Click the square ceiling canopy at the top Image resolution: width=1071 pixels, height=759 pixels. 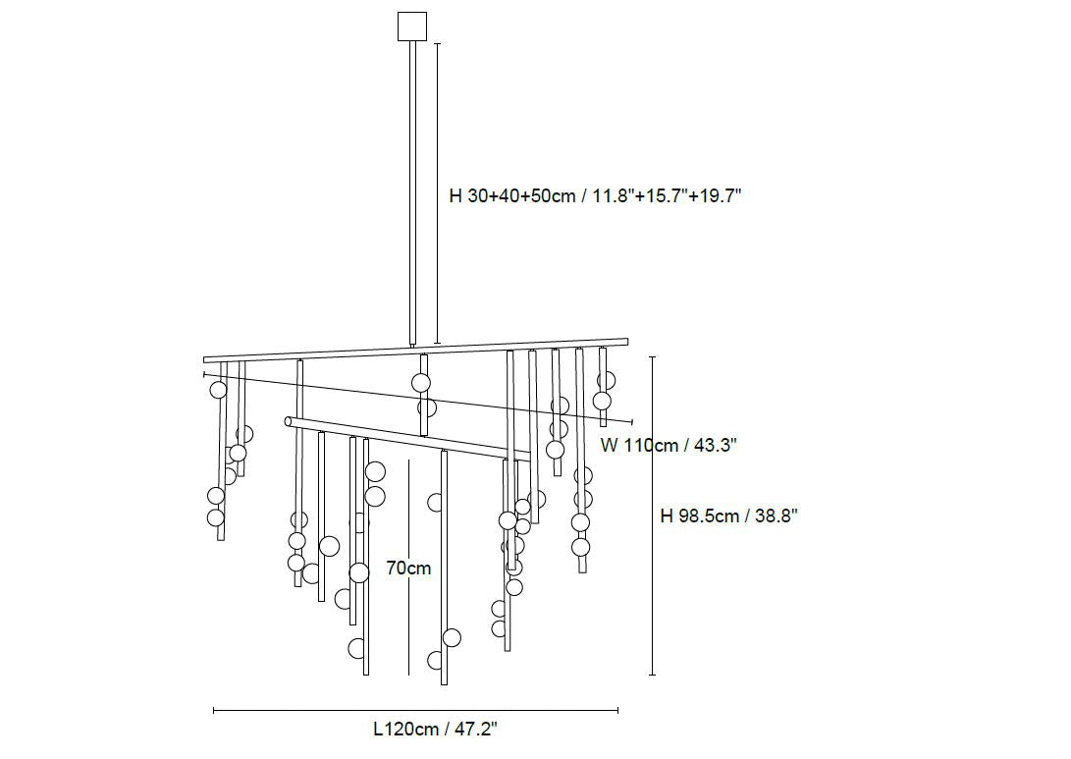(x=413, y=27)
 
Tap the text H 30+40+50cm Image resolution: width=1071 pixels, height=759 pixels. (x=511, y=195)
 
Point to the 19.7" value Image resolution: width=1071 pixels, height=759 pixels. (x=715, y=195)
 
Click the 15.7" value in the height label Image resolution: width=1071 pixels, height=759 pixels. (x=663, y=195)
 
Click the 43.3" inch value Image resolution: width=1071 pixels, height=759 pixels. (x=716, y=445)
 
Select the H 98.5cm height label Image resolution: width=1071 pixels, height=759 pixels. (x=701, y=516)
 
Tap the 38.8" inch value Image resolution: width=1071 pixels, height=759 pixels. (x=776, y=516)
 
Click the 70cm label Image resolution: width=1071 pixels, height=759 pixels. (x=408, y=568)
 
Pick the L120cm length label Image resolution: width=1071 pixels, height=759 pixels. (x=405, y=730)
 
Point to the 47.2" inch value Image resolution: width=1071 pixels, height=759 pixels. (x=473, y=730)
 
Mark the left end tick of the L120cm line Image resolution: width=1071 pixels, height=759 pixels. (x=214, y=710)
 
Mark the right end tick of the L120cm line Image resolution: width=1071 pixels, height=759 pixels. (x=617, y=710)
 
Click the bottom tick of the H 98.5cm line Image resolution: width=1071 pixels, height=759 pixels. (x=652, y=675)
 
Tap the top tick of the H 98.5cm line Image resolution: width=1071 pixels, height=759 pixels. (x=652, y=357)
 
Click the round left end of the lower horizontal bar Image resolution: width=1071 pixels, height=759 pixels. (x=289, y=422)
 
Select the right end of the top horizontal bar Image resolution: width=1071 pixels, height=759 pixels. (x=624, y=343)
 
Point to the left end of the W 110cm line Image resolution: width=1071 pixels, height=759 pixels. (x=204, y=374)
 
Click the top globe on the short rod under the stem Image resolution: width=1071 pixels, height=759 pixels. (x=421, y=383)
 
